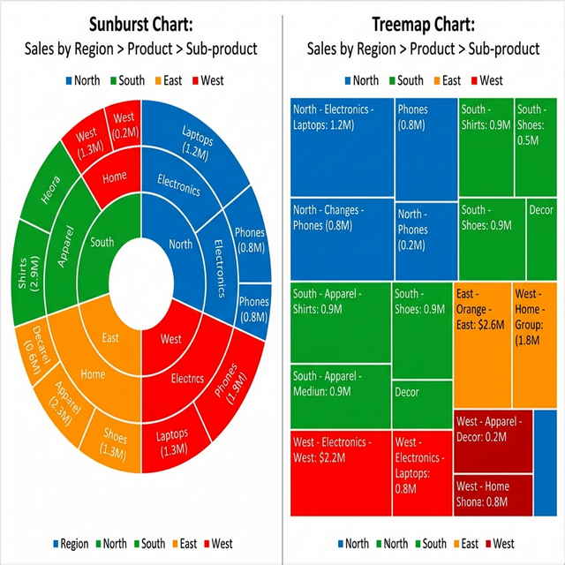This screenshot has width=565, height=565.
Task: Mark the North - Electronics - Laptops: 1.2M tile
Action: pos(341,147)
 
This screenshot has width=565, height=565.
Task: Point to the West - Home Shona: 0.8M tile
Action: pos(493,495)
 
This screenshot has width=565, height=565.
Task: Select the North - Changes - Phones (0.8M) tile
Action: pos(341,238)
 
